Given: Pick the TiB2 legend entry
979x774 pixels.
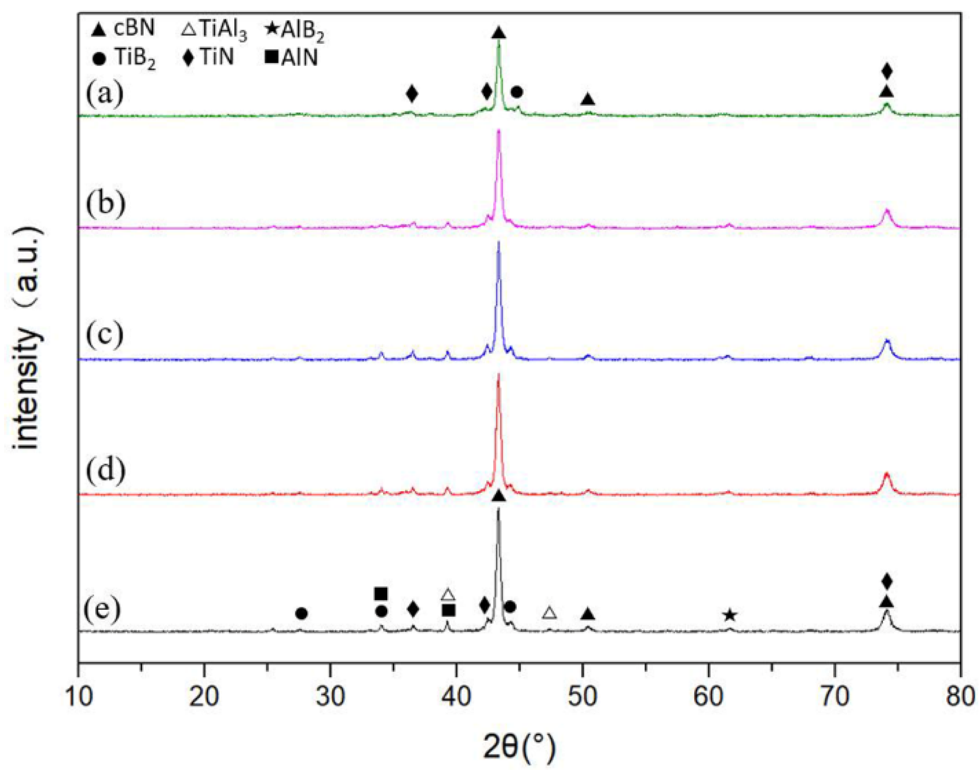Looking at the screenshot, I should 125,58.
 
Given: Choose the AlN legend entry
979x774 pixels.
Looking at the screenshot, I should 291,58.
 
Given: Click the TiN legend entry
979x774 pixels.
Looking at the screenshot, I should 209,57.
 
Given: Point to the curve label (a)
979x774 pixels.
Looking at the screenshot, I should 104,93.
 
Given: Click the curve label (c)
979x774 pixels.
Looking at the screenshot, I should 104,335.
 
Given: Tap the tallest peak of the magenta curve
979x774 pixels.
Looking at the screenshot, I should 499,131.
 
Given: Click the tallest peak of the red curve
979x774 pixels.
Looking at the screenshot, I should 499,374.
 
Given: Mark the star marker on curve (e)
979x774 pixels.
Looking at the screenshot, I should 729,615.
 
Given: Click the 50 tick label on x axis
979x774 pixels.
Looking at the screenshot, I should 582,697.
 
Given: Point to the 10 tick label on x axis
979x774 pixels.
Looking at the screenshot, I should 79,697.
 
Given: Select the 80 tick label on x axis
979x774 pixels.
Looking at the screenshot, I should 960,697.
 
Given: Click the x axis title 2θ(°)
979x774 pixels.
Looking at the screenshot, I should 519,746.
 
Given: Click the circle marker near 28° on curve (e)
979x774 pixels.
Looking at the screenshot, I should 301,614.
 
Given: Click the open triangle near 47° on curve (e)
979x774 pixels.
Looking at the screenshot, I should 549,613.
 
